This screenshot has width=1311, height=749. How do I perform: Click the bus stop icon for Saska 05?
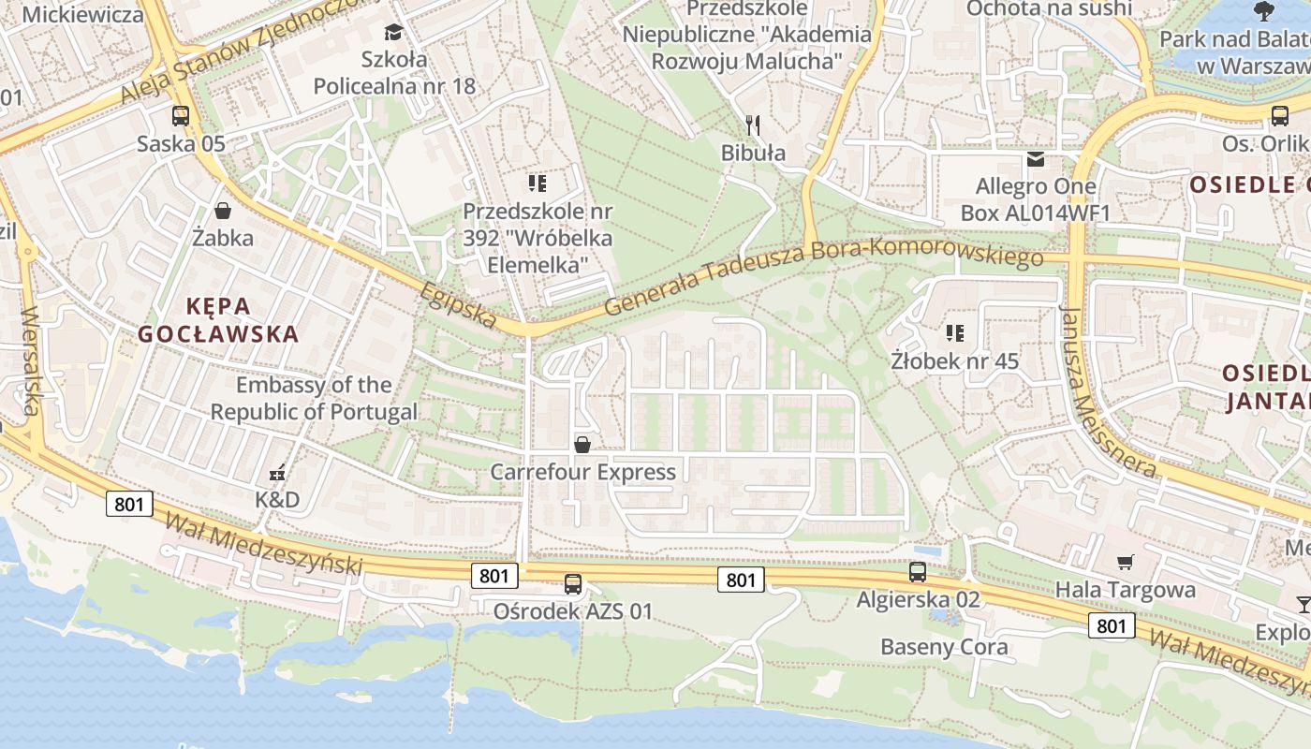(181, 116)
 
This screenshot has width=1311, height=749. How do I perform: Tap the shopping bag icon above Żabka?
(223, 211)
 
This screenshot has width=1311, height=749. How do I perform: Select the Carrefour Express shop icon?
(582, 444)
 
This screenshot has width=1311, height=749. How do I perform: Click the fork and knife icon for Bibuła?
(752, 125)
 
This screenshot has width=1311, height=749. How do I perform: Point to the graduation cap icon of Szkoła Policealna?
(393, 33)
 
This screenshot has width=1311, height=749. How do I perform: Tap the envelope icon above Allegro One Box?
(1036, 159)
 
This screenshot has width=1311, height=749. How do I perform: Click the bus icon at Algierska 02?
(918, 571)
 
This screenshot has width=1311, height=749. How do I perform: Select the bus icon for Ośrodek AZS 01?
(573, 584)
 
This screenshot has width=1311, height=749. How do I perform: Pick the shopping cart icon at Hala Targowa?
(1125, 563)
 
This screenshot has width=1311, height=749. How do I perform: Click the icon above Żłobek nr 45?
(954, 332)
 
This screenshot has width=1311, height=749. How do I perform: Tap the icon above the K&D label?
(277, 473)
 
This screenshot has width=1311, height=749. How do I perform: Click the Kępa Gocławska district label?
(218, 320)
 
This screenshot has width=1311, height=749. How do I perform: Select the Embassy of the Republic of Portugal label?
(314, 398)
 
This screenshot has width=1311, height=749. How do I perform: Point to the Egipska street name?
(459, 305)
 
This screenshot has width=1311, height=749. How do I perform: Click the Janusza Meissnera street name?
(1108, 391)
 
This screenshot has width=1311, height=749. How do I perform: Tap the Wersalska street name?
(31, 360)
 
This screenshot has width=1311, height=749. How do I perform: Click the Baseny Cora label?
(944, 647)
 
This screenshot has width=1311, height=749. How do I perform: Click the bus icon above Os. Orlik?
(1280, 115)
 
